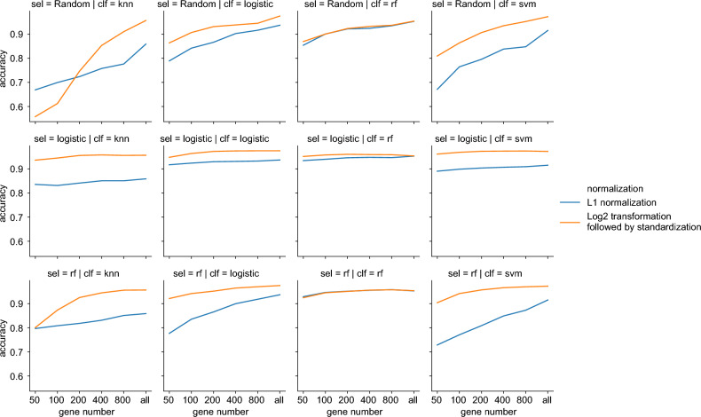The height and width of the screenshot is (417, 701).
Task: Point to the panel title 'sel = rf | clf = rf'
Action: [356, 273]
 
